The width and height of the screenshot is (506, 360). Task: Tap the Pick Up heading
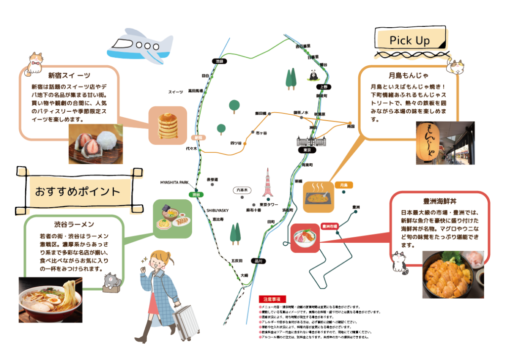click(410, 40)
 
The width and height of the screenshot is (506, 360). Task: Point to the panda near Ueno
click(313, 75)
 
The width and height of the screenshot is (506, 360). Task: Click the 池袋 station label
click(219, 61)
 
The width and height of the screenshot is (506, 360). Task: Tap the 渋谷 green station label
click(197, 194)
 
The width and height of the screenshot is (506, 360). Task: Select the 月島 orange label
click(344, 185)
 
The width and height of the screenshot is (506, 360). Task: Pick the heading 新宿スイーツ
click(69, 76)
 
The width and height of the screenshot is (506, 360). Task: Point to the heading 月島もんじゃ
click(409, 76)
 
